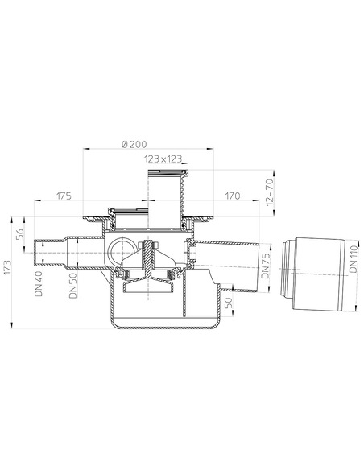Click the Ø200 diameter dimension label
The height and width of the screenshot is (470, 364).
(134, 144)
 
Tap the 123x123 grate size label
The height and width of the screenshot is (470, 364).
(163, 159)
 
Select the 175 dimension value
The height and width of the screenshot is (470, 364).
(64, 196)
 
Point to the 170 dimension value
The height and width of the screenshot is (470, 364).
(233, 196)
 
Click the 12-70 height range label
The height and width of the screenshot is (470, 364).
(270, 192)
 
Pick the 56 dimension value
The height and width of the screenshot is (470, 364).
(19, 234)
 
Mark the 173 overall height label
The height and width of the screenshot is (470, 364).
(7, 266)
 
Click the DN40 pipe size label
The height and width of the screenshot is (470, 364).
(39, 283)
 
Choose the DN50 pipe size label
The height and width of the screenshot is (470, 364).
(73, 285)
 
